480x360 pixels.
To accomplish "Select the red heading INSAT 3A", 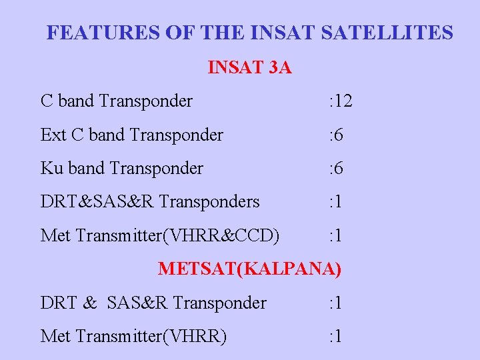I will click(x=250, y=67).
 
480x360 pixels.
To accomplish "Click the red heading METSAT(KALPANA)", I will click(x=250, y=269).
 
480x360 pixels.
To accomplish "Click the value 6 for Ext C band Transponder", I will click(x=339, y=135).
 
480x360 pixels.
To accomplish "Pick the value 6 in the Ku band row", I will click(x=339, y=169).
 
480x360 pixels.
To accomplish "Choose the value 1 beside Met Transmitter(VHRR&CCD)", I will click(x=338, y=235).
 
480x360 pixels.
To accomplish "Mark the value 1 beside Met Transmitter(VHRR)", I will click(x=338, y=337).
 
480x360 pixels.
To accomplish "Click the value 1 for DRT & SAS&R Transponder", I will click(x=338, y=303).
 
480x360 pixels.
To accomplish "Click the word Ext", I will click(x=53, y=135).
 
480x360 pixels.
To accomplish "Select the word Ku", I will click(x=52, y=169).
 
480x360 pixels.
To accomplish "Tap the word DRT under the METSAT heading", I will click(x=58, y=303).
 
